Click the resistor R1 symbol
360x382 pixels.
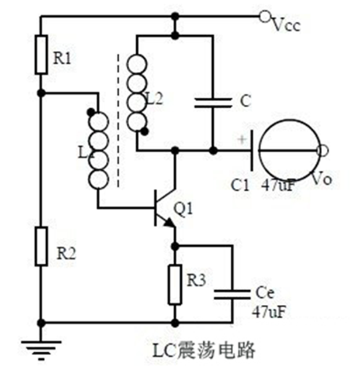click(41, 55)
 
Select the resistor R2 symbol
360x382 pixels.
click(41, 246)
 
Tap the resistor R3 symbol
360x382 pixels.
click(175, 284)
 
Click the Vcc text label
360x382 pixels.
click(287, 26)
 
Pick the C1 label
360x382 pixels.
click(241, 185)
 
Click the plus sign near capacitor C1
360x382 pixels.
click(241, 140)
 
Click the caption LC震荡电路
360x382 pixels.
click(204, 351)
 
